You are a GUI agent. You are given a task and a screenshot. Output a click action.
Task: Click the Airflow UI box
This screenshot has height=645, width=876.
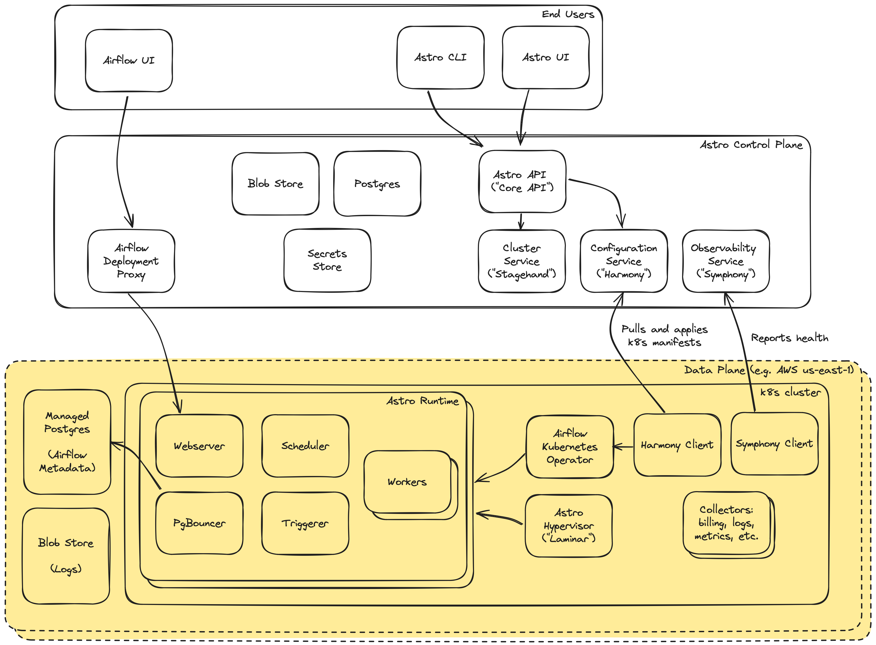tap(129, 60)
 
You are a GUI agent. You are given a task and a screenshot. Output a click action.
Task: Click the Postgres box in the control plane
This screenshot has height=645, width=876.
tap(377, 183)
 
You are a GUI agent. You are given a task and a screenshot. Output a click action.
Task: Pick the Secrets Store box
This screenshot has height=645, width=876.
tap(327, 260)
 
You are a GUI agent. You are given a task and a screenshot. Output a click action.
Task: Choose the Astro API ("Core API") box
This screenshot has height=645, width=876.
tap(522, 182)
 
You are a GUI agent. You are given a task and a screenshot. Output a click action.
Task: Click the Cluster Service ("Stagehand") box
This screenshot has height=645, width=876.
tap(522, 261)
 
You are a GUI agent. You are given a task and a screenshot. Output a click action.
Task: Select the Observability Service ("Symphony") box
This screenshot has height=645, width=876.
tap(726, 261)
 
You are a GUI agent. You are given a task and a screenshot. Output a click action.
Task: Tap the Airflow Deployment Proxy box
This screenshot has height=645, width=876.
tap(131, 261)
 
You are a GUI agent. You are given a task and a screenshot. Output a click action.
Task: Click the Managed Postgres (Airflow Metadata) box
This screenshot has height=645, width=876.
tap(67, 442)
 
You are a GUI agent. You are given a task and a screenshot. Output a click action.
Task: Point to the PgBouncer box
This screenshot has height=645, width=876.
tap(199, 523)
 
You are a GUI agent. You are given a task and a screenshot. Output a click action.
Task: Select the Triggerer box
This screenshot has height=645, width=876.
tap(305, 523)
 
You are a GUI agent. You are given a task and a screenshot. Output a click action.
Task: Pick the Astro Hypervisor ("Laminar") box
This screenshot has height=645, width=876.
tap(569, 525)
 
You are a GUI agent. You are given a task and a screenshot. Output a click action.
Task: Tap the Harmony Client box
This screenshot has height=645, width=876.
tap(677, 445)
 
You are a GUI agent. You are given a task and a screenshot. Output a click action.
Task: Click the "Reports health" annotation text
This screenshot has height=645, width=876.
tap(789, 338)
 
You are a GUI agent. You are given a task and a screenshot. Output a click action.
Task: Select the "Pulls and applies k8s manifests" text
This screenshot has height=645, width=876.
tap(664, 336)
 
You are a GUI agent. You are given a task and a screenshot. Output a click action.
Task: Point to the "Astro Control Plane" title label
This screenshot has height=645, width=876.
tap(751, 145)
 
